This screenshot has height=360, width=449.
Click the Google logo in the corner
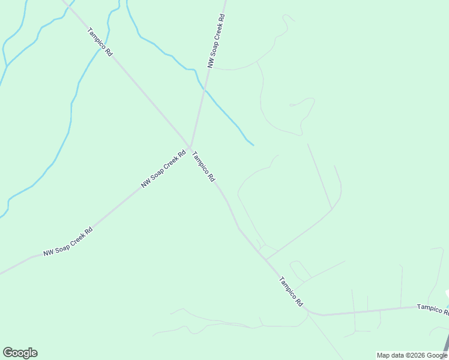[20, 353]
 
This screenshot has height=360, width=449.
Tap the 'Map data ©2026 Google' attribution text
[412, 355]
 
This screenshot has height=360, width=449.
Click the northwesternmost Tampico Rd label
[100, 42]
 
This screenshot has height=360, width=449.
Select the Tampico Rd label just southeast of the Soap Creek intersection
[203, 166]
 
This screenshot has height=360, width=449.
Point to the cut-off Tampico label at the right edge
[432, 308]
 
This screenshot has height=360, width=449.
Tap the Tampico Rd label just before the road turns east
[291, 292]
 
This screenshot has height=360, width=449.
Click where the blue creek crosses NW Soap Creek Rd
[204, 89]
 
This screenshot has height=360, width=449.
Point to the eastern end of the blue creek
[253, 145]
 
